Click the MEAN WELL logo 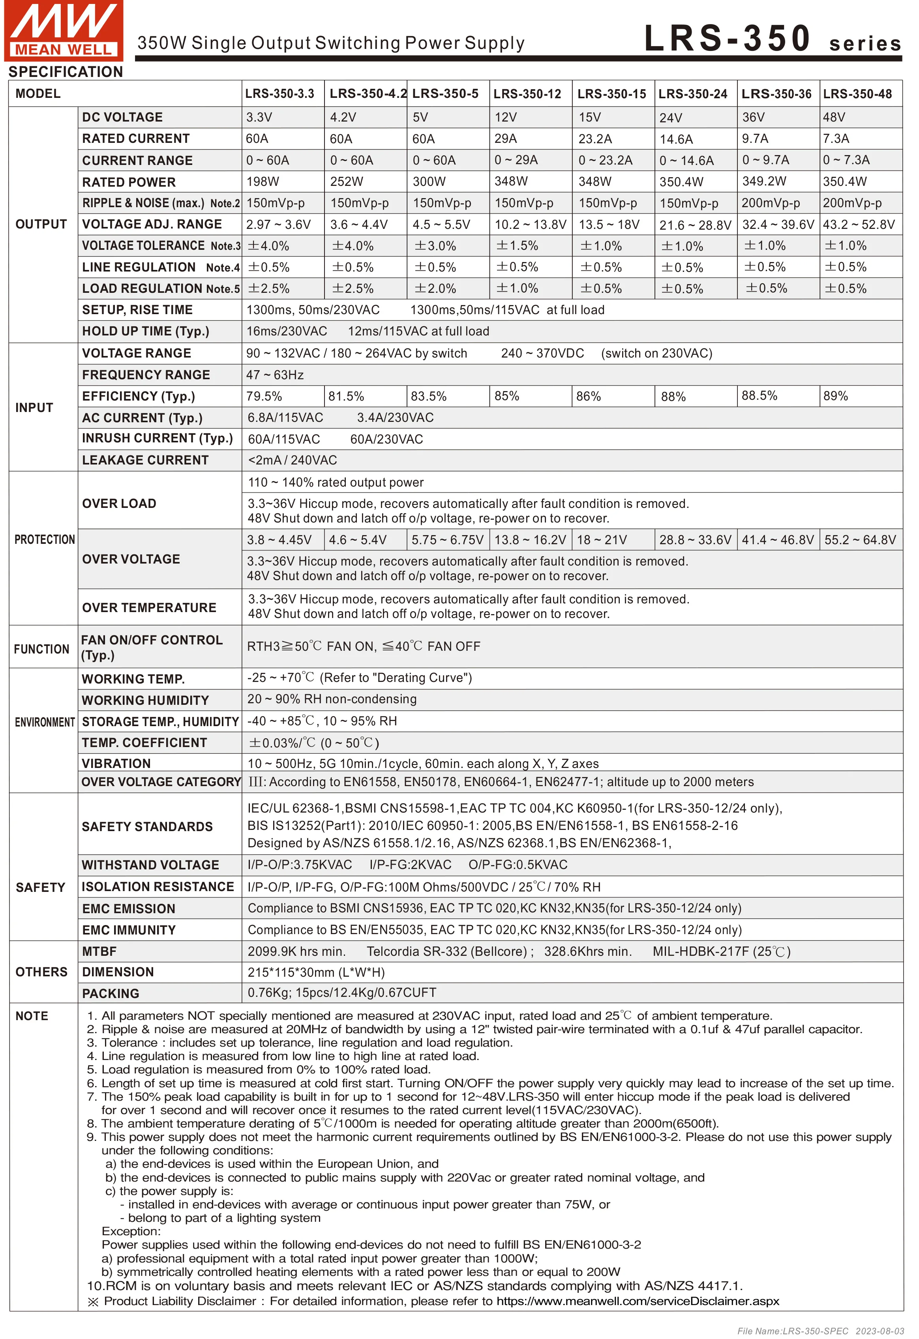(x=64, y=30)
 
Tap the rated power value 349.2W (x=764, y=182)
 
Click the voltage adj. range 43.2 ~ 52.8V (x=859, y=225)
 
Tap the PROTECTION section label (x=44, y=540)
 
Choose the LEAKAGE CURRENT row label (x=145, y=461)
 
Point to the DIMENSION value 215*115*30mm (x=316, y=972)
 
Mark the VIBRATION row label (x=116, y=764)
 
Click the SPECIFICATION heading (x=66, y=72)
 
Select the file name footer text (x=820, y=1331)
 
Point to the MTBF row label (x=99, y=952)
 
